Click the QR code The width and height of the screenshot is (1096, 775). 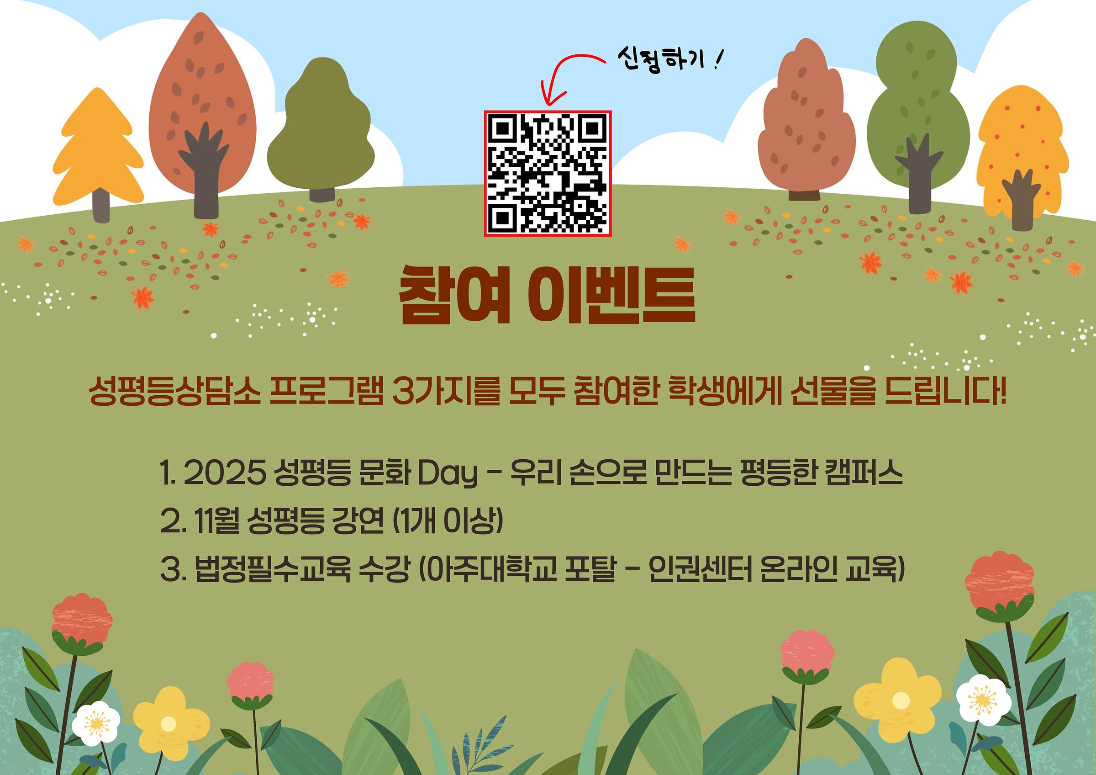coord(548,173)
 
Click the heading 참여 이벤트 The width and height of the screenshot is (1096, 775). coord(547,295)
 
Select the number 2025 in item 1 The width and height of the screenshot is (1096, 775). coord(224,474)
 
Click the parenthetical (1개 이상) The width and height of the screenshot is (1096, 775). coord(447,521)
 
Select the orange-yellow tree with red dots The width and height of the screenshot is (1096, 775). coord(1022,158)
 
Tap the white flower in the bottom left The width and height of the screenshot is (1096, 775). coord(96,723)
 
